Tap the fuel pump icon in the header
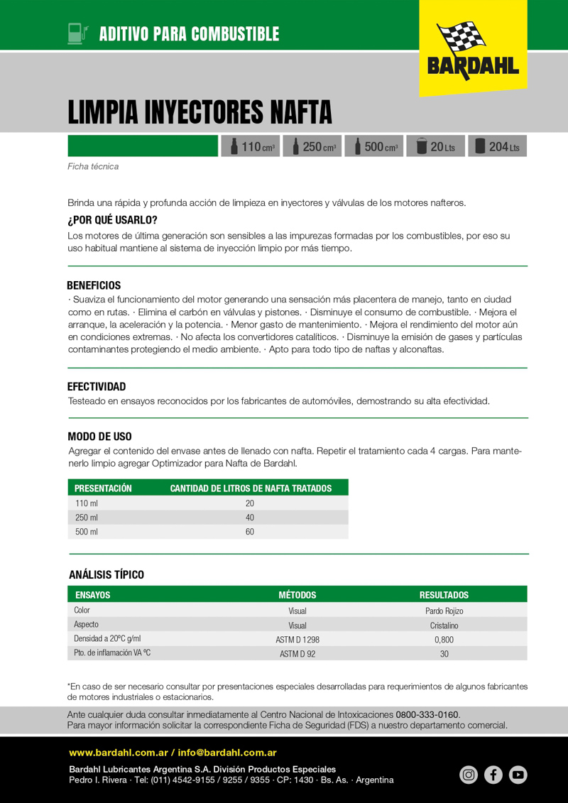77,33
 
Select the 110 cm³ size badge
251,146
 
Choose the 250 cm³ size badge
312,146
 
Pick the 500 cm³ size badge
374,146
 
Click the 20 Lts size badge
435,146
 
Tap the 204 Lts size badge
497,146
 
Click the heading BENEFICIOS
94,285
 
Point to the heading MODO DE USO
99,437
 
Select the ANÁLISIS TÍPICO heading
106,574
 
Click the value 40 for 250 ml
250,518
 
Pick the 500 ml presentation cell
87,532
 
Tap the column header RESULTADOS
444,595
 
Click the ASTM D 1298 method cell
297,640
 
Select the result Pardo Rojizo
444,611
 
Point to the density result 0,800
444,640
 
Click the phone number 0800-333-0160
427,714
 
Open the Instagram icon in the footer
469,775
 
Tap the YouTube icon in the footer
518,775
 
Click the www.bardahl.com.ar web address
118,753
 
